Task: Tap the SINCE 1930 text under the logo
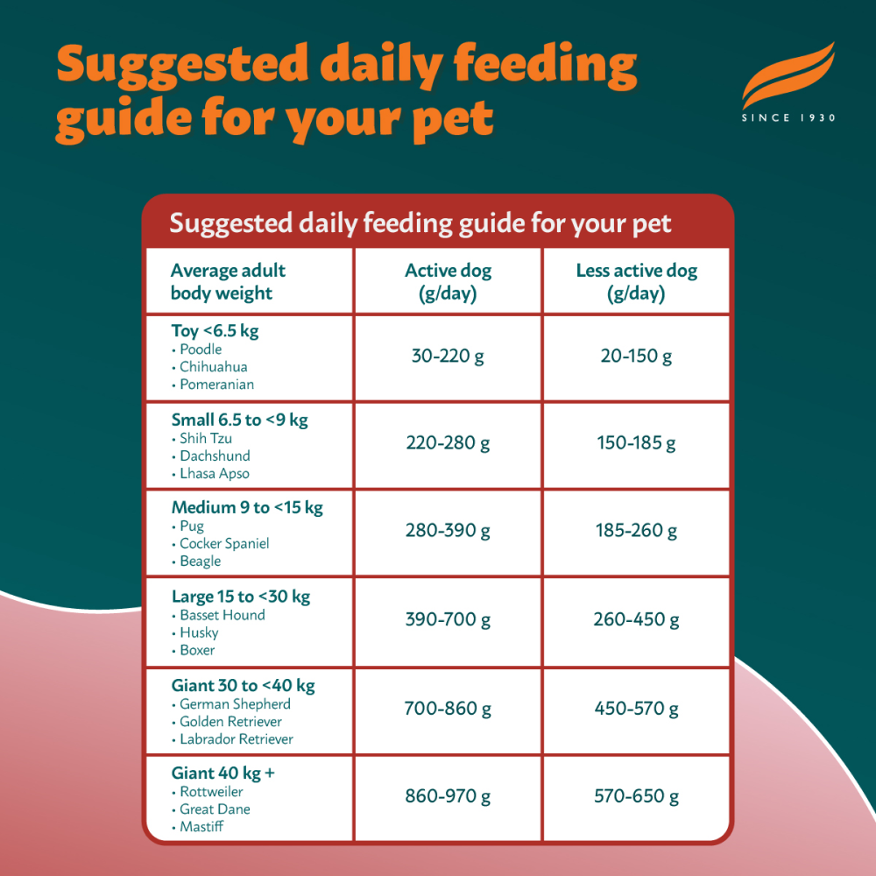tap(788, 117)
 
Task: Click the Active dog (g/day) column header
tap(448, 281)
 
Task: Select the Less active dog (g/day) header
tap(636, 281)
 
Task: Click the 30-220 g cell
tap(448, 357)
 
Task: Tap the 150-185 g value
tap(636, 443)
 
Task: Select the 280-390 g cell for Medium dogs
tap(448, 531)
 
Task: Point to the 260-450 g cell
tap(636, 620)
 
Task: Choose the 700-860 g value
tap(448, 709)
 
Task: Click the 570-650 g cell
tap(636, 796)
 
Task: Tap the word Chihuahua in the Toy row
tap(213, 367)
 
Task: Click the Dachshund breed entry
tap(215, 456)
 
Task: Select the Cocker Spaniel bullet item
tap(224, 543)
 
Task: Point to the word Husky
tap(199, 632)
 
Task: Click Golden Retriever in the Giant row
tap(230, 721)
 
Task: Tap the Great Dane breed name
tap(215, 809)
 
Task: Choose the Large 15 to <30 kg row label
tap(241, 597)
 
